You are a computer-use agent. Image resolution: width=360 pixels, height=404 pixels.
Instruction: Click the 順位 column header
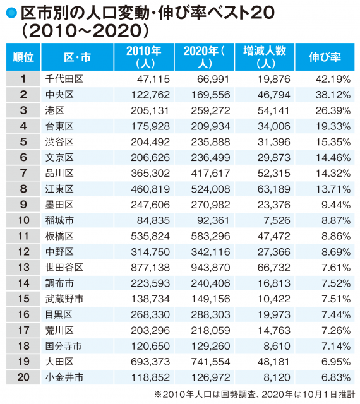tap(23, 57)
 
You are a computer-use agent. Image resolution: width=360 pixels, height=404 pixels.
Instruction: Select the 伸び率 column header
tap(325, 57)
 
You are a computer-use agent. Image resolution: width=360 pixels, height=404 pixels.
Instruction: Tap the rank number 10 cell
tap(23, 220)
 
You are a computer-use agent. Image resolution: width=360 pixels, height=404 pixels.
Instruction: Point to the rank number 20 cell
tap(23, 377)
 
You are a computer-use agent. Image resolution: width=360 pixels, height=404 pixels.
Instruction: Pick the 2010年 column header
tap(143, 57)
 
